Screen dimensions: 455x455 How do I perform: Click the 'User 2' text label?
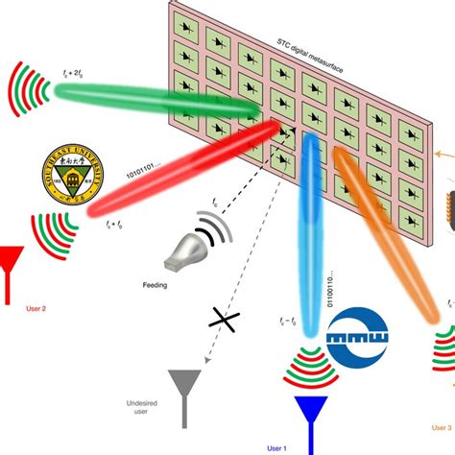[37, 308]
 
